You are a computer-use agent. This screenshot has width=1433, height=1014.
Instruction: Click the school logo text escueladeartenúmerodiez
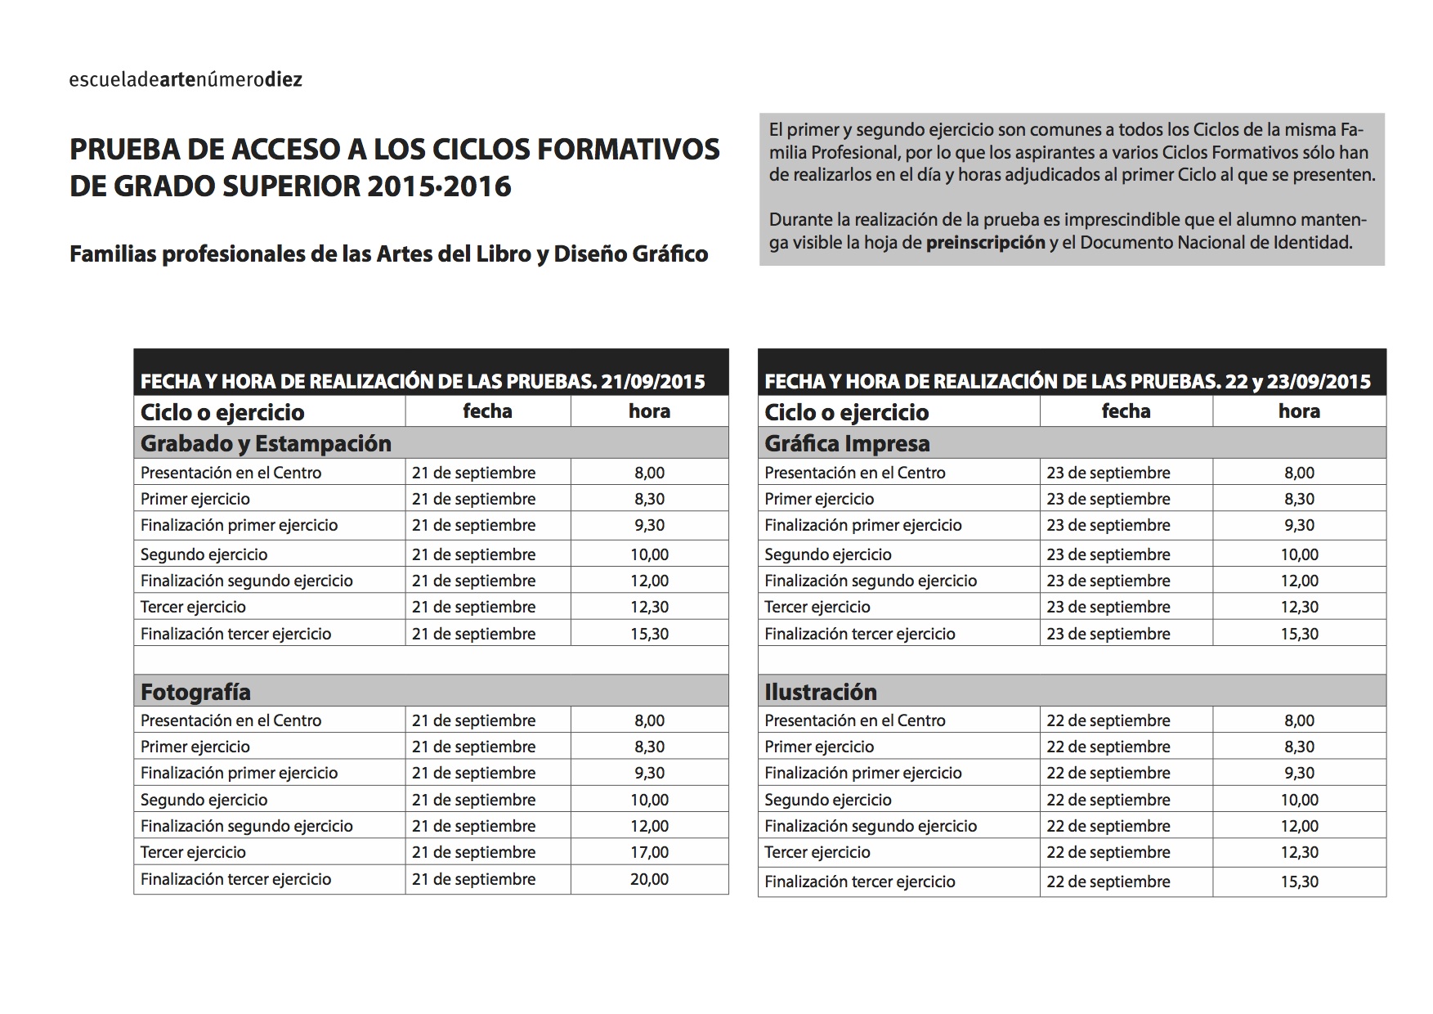[186, 79]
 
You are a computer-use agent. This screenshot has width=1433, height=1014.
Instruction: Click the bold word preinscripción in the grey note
[985, 242]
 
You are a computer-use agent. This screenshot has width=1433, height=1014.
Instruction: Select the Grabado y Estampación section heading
[266, 443]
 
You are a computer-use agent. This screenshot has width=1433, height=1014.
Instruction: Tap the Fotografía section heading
[195, 692]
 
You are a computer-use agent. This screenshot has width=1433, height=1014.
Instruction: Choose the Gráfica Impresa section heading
[847, 443]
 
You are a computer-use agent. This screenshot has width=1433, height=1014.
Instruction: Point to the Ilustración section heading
[820, 692]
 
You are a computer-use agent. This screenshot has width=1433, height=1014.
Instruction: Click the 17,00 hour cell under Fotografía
[649, 852]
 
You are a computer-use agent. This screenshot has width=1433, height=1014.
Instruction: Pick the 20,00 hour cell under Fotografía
[649, 879]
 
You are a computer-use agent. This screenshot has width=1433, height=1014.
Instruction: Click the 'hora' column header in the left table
[649, 411]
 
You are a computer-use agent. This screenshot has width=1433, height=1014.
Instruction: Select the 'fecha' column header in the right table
[1126, 411]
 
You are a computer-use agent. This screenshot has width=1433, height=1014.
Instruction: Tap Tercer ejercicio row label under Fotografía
[193, 852]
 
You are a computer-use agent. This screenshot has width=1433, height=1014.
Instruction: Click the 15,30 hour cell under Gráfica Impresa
[1299, 634]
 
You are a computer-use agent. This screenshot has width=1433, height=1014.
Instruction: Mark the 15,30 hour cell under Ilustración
[1299, 882]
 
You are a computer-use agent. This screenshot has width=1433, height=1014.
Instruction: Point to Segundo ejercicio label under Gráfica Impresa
[827, 554]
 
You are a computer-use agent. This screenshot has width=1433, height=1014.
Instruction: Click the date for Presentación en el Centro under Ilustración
[1108, 720]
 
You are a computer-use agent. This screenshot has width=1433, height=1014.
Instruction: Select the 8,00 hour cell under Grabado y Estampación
[649, 473]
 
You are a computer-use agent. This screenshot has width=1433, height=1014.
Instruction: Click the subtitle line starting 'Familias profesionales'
[388, 254]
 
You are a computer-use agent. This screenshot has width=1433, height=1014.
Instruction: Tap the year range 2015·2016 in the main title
[439, 186]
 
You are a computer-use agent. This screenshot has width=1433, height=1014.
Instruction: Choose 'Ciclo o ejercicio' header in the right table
[846, 412]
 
